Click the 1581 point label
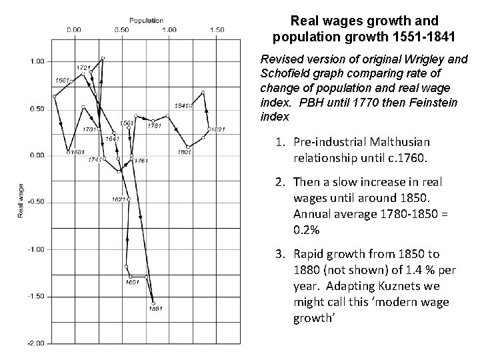click(x=155, y=309)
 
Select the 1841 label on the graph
click(x=181, y=105)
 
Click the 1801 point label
click(x=184, y=152)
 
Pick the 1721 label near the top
click(x=83, y=67)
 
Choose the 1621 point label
click(x=119, y=199)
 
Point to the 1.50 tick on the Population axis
click(x=217, y=29)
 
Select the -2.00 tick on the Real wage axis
click(x=35, y=343)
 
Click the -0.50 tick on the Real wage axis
click(x=35, y=202)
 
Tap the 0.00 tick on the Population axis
click(x=74, y=29)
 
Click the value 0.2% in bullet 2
click(x=305, y=230)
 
